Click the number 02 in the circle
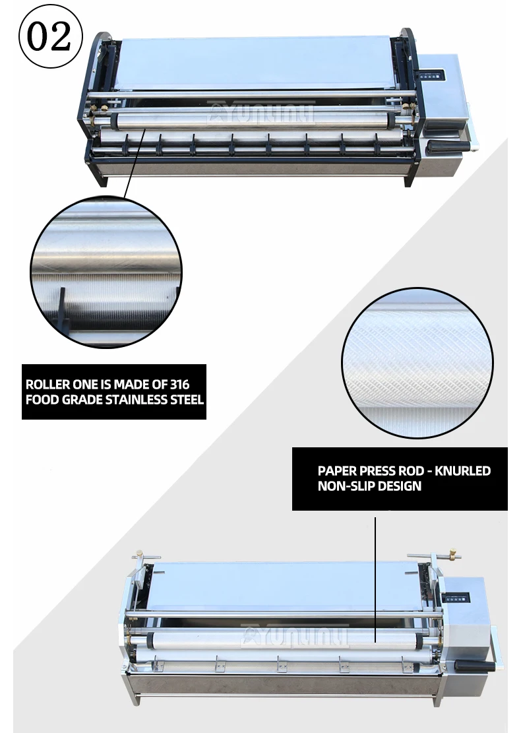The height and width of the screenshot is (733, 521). [49, 36]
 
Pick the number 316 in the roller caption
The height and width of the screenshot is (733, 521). [179, 384]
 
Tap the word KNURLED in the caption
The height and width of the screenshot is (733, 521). [462, 471]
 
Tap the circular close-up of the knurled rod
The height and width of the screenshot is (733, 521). [417, 364]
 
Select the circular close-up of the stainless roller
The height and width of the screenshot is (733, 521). [106, 272]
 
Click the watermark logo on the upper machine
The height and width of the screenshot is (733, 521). [260, 113]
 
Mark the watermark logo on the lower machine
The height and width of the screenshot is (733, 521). [295, 636]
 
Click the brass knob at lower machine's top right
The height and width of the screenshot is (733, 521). [453, 555]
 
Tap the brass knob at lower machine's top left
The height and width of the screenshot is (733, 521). [138, 554]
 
